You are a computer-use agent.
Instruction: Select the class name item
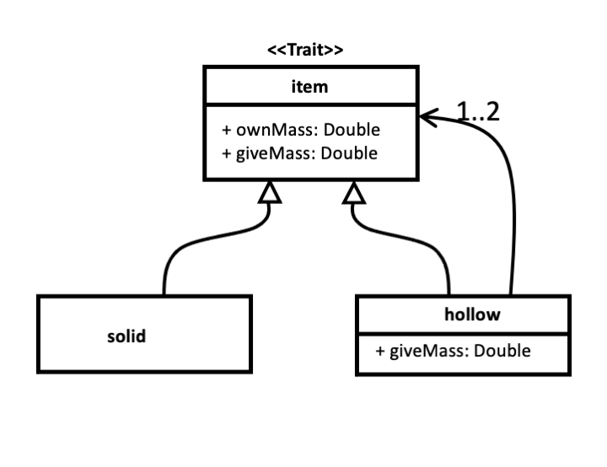310,86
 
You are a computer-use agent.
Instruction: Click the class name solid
126,336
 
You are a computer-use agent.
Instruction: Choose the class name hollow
471,315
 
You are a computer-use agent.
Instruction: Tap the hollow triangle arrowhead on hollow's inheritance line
354,194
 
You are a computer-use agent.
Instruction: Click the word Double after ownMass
353,131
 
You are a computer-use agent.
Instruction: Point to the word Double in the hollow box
502,350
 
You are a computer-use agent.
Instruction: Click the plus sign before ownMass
226,131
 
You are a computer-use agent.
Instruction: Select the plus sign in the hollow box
381,350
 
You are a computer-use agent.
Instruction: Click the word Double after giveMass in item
350,153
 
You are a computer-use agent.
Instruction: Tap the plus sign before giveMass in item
226,153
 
